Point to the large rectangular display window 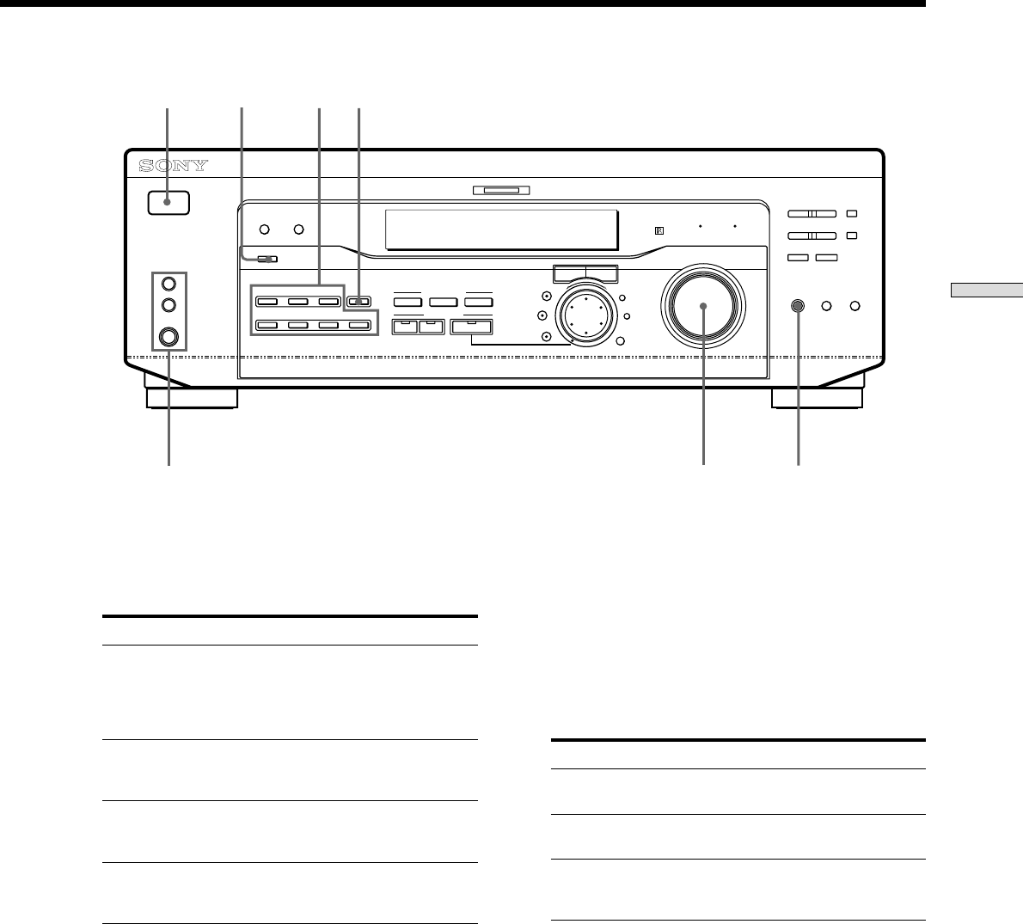tap(501, 229)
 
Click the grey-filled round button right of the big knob tap(799, 306)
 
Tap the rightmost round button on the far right tap(855, 306)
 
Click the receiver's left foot tap(191, 398)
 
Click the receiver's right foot tap(817, 398)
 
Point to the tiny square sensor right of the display tap(659, 230)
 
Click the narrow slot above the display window tap(501, 191)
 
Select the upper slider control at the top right tap(812, 213)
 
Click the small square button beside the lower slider tap(851, 235)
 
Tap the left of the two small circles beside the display tap(265, 229)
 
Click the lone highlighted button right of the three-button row tap(359, 302)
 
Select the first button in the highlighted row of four tap(267, 326)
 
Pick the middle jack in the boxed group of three tap(168, 305)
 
